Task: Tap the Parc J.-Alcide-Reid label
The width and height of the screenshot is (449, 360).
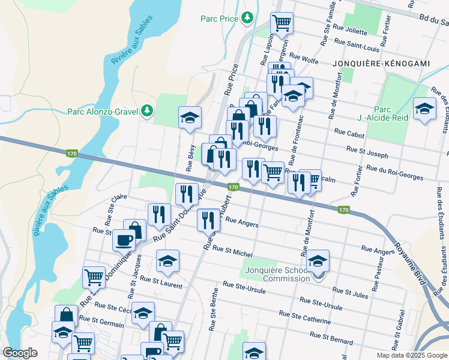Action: tap(391, 113)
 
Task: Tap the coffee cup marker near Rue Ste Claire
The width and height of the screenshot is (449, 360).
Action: tap(124, 240)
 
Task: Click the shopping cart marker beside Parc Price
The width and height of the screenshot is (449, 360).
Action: tap(282, 23)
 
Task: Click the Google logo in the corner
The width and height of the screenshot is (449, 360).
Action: tap(20, 353)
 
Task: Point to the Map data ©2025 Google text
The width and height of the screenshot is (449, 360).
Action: tap(412, 355)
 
